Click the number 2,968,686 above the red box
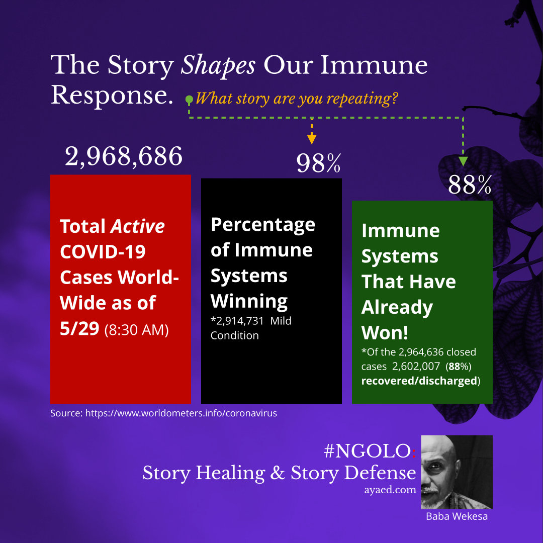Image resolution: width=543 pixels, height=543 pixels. pyautogui.click(x=124, y=156)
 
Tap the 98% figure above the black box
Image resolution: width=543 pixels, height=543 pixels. pyautogui.click(x=319, y=163)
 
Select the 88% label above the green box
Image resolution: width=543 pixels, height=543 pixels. pyautogui.click(x=470, y=185)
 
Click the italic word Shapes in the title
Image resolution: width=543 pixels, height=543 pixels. pyautogui.click(x=218, y=65)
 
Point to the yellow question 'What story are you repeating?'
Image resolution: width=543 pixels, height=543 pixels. pyautogui.click(x=297, y=99)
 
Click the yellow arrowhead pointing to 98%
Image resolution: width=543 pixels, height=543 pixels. pyautogui.click(x=312, y=139)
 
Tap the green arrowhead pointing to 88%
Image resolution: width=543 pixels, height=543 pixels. pyautogui.click(x=463, y=161)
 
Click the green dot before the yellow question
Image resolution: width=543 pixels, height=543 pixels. pyautogui.click(x=189, y=100)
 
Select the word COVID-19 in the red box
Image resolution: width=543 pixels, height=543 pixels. pyautogui.click(x=103, y=252)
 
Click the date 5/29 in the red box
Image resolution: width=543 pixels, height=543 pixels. pyautogui.click(x=79, y=328)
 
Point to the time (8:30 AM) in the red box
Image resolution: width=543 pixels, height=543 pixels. pyautogui.click(x=136, y=330)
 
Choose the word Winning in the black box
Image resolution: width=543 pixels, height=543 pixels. pyautogui.click(x=249, y=301)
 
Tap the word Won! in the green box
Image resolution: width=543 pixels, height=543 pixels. pyautogui.click(x=385, y=333)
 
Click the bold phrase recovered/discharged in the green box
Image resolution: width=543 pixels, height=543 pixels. pyautogui.click(x=419, y=381)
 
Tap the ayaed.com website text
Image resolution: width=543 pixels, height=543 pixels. pyautogui.click(x=390, y=490)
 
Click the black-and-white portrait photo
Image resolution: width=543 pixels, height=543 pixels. pyautogui.click(x=457, y=472)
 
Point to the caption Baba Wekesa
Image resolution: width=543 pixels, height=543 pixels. pyautogui.click(x=457, y=516)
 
